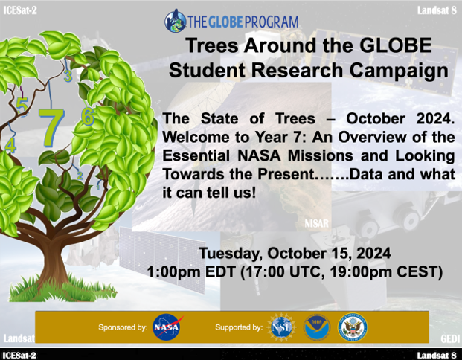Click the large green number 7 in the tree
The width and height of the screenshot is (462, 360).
pos(52,127)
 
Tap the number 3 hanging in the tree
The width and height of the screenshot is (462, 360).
pos(68,76)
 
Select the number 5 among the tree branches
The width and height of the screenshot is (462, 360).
pos(22,106)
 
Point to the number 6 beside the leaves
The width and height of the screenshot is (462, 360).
pos(88,116)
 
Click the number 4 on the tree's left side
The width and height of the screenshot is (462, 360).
pos(10,145)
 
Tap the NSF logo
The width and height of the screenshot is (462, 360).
pos(282,327)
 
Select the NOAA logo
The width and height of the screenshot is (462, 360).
pos(317,327)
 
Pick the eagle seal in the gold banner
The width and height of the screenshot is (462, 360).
pos(353,327)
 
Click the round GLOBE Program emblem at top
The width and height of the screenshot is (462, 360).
pos(176,21)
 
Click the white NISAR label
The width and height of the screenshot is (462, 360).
pos(316,223)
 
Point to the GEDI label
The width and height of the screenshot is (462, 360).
pos(450,338)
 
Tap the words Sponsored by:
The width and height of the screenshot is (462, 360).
pos(123,327)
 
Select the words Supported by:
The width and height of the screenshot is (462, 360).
pos(239,327)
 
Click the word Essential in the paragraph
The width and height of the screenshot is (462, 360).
pos(196,155)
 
